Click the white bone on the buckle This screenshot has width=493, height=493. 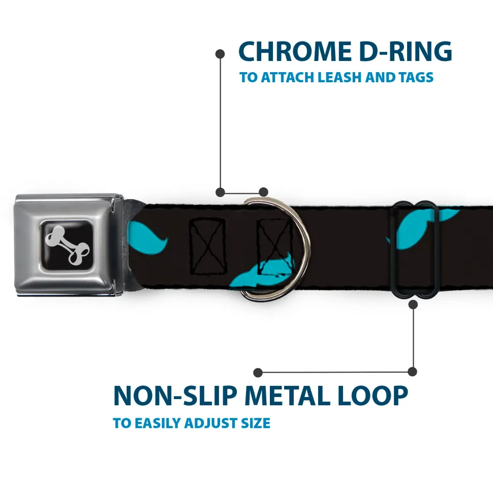coord(67,245)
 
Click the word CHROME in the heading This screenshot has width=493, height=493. coord(295,51)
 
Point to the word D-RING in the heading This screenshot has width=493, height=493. coord(406,51)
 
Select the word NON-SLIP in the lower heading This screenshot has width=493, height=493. coord(175,396)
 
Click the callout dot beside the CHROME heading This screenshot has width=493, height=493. coord(220,54)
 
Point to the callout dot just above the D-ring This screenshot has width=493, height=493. coord(263,192)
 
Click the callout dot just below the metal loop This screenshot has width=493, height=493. coord(413,304)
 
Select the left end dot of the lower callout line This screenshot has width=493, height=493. coord(258,373)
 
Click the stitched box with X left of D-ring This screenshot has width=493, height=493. coord(207,246)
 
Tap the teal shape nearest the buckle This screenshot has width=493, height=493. coord(147,237)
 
